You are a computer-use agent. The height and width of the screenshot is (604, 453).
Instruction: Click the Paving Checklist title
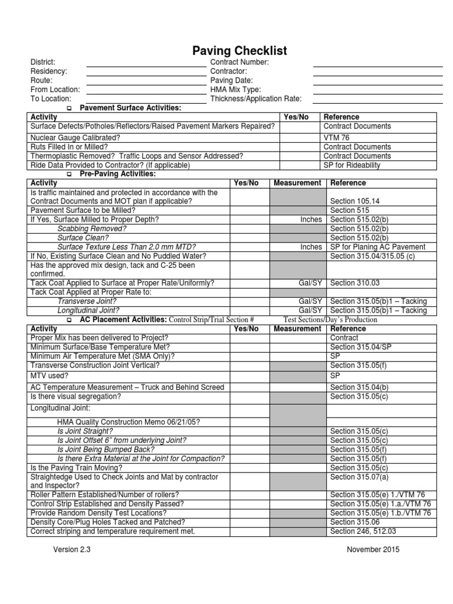click(232, 51)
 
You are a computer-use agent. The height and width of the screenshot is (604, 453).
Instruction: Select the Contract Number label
click(239, 62)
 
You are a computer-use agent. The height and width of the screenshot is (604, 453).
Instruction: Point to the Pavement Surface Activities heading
click(130, 108)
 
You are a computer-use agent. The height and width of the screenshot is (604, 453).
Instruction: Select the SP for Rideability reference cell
click(352, 165)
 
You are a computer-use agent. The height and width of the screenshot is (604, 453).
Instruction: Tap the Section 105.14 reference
click(354, 201)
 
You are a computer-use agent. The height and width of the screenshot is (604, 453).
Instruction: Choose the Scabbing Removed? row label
click(91, 228)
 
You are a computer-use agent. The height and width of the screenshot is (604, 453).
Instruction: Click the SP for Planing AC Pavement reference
click(378, 247)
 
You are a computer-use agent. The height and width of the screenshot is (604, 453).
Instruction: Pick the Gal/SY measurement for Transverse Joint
click(310, 301)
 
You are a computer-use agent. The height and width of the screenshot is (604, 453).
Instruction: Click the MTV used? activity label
click(49, 375)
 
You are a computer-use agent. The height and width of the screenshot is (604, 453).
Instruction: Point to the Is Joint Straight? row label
click(85, 431)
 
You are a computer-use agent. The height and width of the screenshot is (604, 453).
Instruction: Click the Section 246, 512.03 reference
click(364, 531)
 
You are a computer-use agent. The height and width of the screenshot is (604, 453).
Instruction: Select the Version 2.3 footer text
click(72, 550)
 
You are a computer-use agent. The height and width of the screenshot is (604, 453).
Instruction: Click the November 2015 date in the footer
click(373, 550)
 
